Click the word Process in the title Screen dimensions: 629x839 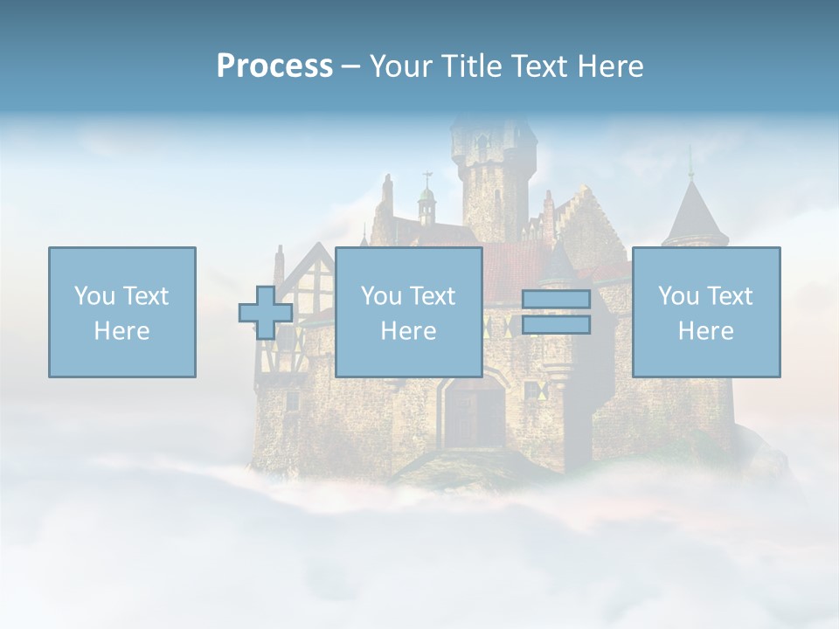point(274,66)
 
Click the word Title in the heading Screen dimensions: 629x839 point(469,66)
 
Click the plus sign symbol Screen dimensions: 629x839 point(266,312)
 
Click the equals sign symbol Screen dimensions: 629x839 point(556,312)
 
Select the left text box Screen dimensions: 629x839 point(122,312)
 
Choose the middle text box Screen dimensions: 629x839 point(408,312)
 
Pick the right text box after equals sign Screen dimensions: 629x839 point(705,312)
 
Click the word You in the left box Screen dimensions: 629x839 point(93,296)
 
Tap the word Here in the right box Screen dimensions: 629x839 point(705,331)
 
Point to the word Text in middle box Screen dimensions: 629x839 point(433,296)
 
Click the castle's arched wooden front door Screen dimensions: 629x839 point(474,415)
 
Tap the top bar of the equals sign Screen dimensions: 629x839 point(556,300)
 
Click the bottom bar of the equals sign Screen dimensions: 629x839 point(556,324)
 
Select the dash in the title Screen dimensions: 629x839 point(350,66)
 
